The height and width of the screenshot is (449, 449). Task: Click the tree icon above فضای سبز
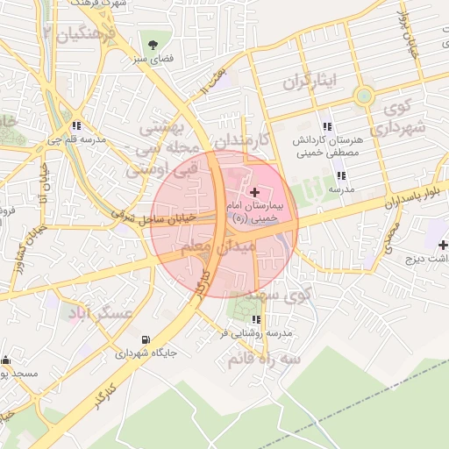pos(153,43)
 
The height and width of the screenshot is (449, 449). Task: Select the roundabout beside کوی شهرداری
pos(362,96)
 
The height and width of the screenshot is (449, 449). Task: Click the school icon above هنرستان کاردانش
pos(327,127)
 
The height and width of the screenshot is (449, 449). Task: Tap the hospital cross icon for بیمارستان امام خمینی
pos(254,192)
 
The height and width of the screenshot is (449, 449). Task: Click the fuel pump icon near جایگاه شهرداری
pos(145,339)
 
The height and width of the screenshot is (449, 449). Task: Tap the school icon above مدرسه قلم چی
pos(79,125)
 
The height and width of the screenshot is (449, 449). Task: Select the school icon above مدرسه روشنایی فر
pos(256,320)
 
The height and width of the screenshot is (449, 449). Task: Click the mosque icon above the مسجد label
pos(7,360)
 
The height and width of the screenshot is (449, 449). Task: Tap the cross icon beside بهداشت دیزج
pos(443,245)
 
